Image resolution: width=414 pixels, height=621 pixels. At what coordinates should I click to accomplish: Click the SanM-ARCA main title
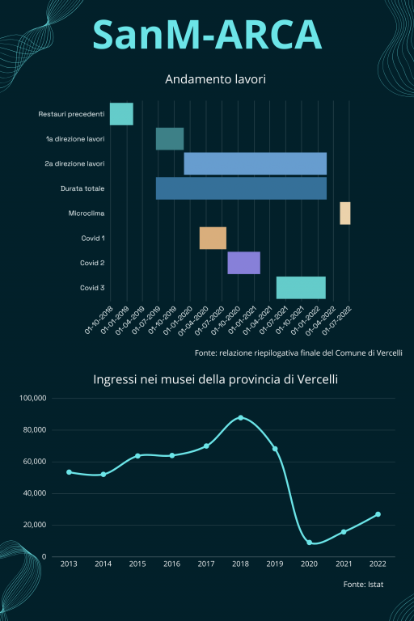(x=207, y=35)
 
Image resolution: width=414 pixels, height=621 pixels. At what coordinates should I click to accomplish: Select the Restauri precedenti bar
(x=121, y=114)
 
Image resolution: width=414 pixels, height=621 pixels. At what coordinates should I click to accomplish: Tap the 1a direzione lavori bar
(x=170, y=138)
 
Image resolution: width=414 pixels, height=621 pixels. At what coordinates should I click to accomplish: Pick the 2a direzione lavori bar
(x=256, y=163)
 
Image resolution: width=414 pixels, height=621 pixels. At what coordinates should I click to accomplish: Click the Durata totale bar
(x=241, y=188)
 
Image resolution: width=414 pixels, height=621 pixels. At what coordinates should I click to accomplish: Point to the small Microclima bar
(x=345, y=213)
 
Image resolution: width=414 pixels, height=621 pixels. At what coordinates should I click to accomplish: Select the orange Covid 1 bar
(x=213, y=238)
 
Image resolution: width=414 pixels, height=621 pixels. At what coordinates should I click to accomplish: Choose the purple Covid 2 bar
(x=244, y=263)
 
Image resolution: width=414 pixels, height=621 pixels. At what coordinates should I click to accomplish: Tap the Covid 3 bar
(x=301, y=288)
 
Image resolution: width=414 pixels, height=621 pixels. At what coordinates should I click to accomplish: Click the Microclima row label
(x=87, y=213)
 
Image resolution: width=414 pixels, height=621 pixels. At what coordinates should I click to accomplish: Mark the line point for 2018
(x=240, y=418)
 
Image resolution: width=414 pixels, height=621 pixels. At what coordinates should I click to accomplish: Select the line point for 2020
(x=309, y=543)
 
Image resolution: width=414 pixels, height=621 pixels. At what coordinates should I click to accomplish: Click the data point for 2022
(x=378, y=514)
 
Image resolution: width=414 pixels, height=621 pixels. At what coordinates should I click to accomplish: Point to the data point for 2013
(x=69, y=472)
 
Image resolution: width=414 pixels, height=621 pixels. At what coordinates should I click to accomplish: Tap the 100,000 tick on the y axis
(x=33, y=398)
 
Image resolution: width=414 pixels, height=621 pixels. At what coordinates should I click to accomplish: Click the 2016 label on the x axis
(x=172, y=564)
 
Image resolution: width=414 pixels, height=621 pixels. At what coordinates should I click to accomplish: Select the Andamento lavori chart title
(x=215, y=79)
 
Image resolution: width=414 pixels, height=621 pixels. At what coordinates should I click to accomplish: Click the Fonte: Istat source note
(x=363, y=584)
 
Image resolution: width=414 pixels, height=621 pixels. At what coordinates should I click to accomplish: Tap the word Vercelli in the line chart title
(x=317, y=379)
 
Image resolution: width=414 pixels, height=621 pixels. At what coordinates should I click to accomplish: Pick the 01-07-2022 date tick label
(x=337, y=320)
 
